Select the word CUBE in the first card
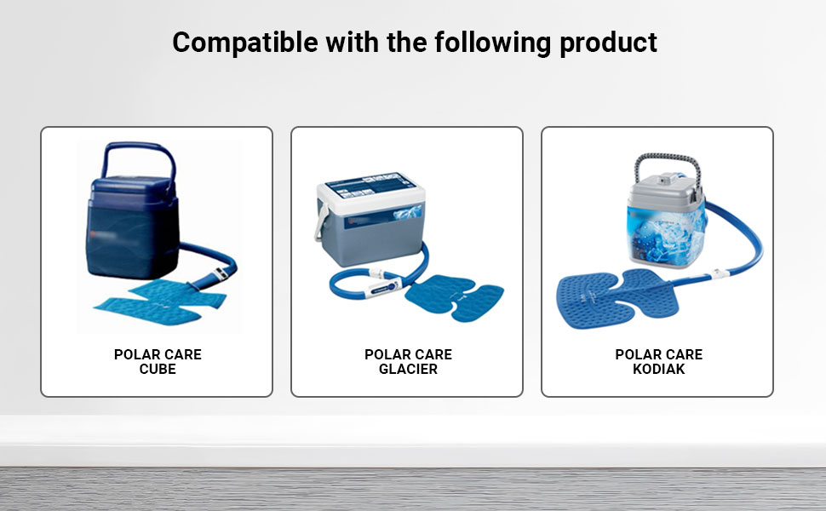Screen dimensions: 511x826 pos(158,370)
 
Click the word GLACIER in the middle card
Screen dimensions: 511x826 pos(408,370)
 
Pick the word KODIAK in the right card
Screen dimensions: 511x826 pos(658,370)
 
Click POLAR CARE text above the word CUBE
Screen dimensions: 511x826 pos(158,354)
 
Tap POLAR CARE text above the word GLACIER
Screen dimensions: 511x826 pos(408,354)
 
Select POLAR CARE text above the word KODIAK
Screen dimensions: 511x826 pos(658,354)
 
